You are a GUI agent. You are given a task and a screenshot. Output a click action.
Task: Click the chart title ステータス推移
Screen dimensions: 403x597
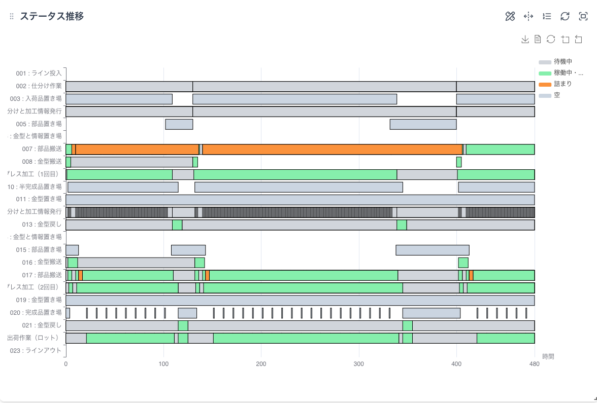(52, 16)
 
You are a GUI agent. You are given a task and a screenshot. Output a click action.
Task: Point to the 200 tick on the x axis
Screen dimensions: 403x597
(261, 364)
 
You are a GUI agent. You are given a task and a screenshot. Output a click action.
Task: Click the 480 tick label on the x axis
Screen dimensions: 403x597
(534, 364)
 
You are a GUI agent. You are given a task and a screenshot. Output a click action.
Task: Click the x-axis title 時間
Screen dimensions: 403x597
(548, 356)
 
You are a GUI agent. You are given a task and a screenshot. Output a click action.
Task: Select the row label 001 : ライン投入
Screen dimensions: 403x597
(39, 74)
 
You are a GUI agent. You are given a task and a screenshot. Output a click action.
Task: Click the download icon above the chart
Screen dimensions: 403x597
(525, 40)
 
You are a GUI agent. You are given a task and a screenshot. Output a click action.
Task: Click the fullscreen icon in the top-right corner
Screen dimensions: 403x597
(583, 16)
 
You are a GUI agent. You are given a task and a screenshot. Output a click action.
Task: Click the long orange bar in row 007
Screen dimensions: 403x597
(332, 149)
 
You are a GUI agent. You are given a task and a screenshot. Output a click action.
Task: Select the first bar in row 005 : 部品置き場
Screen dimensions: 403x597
(179, 124)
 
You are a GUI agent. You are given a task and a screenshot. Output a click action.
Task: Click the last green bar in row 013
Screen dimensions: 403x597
(402, 225)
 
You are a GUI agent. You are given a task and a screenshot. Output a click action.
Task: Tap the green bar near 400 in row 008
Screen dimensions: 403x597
(459, 162)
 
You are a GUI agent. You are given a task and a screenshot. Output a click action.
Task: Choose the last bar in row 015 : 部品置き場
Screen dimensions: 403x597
(432, 250)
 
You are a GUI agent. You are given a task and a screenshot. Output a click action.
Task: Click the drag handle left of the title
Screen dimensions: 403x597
(12, 17)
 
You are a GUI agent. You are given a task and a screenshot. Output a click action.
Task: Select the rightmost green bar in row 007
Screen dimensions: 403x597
(500, 149)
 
